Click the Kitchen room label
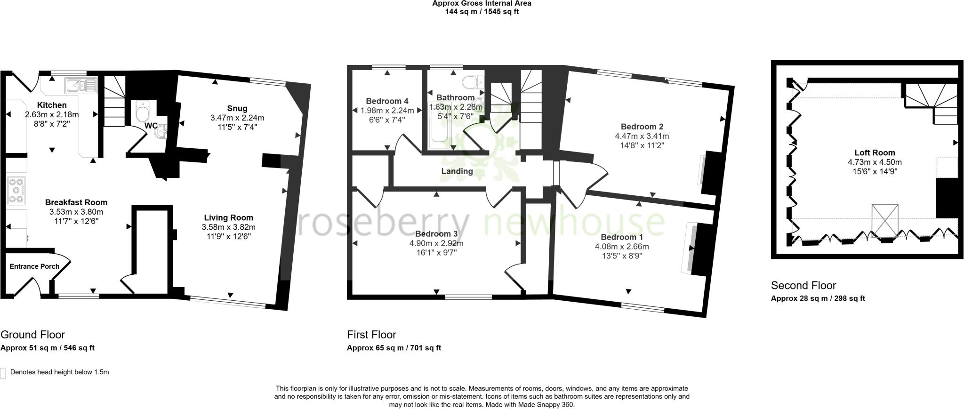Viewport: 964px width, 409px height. point(52,105)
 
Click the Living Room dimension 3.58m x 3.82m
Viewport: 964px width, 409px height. point(228,227)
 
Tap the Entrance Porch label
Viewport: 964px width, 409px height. point(34,266)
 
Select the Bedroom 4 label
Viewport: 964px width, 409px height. point(387,101)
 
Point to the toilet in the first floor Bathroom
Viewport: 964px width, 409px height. point(472,83)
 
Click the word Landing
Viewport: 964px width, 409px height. point(457,171)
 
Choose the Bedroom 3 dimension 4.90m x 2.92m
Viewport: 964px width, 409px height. point(436,243)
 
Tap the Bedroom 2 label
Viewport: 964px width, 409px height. point(642,127)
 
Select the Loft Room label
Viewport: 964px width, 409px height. point(875,152)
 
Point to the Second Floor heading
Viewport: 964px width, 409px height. point(803,285)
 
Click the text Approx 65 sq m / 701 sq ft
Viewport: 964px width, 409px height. point(394,348)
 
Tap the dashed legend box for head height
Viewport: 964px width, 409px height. point(3,373)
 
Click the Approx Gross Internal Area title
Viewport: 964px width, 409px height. point(482,3)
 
